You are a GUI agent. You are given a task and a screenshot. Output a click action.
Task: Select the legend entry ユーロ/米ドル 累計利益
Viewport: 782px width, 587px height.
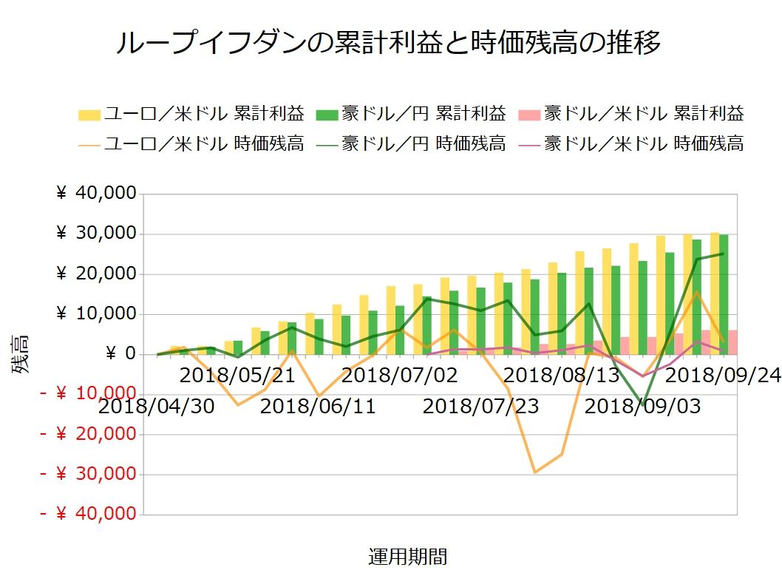(192, 114)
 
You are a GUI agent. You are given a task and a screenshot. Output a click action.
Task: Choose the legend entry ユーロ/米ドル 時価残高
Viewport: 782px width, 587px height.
(192, 143)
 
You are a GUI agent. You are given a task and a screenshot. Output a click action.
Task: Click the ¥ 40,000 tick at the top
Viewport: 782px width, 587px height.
(96, 194)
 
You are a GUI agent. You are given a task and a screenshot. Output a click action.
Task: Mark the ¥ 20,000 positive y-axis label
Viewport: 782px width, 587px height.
(96, 274)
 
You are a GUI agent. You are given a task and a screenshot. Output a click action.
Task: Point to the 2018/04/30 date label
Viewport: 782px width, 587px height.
(156, 406)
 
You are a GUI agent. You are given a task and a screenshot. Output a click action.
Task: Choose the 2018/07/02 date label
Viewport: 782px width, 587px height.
(400, 375)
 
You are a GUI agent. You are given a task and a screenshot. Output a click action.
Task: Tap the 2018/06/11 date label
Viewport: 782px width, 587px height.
(318, 406)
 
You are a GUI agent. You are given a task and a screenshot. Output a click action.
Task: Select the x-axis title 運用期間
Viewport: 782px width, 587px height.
(407, 557)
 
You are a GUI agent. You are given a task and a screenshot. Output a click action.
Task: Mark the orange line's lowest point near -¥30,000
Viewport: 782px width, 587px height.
(535, 472)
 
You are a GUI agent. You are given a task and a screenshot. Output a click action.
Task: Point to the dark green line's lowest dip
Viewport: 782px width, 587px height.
(643, 404)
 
